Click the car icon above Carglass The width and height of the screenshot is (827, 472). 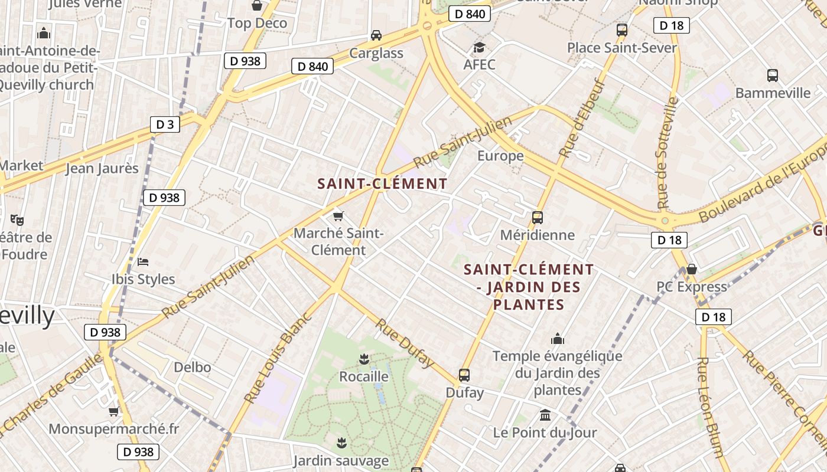(x=376, y=35)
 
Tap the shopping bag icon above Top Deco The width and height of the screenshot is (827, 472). (x=257, y=6)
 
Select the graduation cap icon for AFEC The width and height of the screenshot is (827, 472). (x=479, y=47)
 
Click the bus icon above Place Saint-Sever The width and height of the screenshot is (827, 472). (x=621, y=29)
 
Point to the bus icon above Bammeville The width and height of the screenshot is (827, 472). (x=772, y=75)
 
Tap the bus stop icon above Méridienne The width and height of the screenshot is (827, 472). (x=537, y=217)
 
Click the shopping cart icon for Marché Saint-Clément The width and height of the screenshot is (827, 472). (x=338, y=216)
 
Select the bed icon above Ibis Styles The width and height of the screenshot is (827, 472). (x=143, y=261)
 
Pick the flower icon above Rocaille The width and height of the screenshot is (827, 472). (x=364, y=359)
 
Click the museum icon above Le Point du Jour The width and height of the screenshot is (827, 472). (x=545, y=415)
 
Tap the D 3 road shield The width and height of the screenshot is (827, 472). (x=165, y=124)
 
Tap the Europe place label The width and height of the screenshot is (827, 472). (x=500, y=156)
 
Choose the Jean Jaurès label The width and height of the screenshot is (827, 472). (x=102, y=168)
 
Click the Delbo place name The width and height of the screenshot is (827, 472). (x=192, y=367)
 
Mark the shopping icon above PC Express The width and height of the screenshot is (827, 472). (x=691, y=270)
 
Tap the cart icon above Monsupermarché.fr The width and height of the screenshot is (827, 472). (x=113, y=411)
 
